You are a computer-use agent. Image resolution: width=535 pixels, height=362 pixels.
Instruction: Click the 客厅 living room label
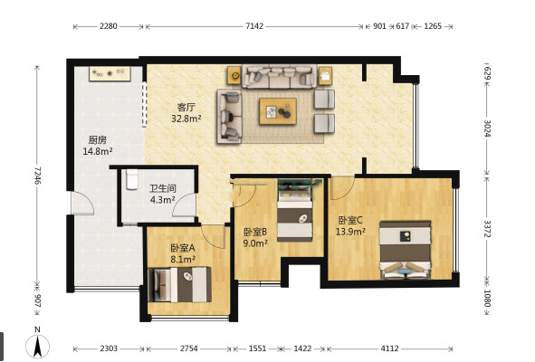186,107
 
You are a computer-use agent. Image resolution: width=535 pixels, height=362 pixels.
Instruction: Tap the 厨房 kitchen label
98,140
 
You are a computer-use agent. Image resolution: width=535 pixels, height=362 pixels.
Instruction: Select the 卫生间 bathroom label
163,188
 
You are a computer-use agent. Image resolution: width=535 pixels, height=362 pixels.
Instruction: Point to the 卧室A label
183,248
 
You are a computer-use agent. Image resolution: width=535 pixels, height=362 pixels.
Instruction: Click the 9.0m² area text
255,243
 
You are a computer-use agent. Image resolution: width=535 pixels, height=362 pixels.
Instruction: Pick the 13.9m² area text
350,232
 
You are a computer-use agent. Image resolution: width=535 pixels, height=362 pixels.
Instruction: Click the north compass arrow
37,347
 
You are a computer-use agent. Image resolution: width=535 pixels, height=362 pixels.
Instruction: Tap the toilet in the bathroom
131,179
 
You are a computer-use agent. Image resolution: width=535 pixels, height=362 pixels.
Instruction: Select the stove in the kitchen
110,73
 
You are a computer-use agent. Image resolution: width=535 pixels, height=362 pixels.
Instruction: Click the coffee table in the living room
278,111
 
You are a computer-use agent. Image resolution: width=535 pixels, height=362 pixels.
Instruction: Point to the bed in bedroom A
180,285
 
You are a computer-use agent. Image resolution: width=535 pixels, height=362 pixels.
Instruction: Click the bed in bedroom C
406,250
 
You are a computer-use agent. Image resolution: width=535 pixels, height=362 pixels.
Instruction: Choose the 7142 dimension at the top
254,26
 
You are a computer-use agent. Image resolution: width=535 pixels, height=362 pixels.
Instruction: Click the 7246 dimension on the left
37,176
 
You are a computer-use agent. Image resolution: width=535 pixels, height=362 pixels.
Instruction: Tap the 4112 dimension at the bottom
389,348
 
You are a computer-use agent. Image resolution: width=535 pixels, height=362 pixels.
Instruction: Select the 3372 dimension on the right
487,229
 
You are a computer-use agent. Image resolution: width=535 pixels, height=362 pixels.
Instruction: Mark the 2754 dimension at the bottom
188,348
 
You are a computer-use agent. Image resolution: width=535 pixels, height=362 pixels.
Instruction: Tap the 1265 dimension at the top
433,26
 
